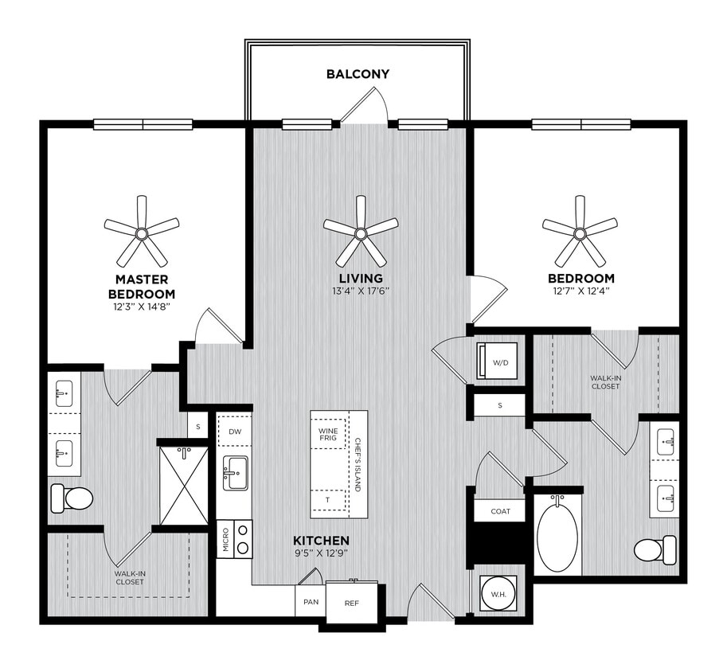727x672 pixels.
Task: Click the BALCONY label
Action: (x=358, y=74)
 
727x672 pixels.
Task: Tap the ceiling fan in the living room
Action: (x=361, y=232)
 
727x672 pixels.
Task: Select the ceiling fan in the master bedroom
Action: (x=141, y=232)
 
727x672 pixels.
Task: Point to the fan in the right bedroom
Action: (x=580, y=232)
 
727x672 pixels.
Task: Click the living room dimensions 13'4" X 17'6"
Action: (x=361, y=291)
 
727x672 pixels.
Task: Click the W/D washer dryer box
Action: (x=500, y=362)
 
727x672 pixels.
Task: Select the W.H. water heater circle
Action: (x=499, y=593)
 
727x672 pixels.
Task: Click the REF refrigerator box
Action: (x=352, y=603)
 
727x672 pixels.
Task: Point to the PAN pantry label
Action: (x=311, y=601)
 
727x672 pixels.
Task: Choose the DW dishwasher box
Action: (x=234, y=431)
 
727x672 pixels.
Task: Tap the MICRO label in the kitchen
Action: (x=225, y=539)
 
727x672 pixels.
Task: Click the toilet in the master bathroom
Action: (x=72, y=498)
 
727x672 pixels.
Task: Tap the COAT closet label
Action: (x=500, y=511)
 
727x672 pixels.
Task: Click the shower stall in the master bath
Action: (x=183, y=486)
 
